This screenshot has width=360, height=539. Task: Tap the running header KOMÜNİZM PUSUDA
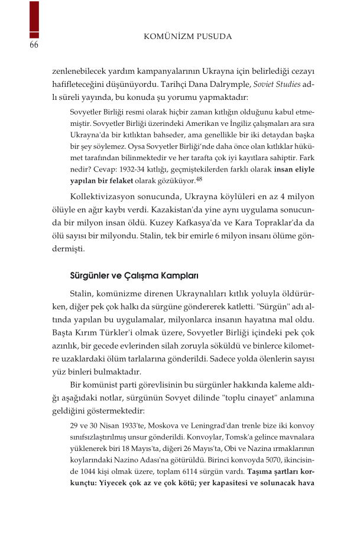pos(188,37)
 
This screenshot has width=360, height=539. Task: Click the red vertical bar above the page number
pos(34,20)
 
